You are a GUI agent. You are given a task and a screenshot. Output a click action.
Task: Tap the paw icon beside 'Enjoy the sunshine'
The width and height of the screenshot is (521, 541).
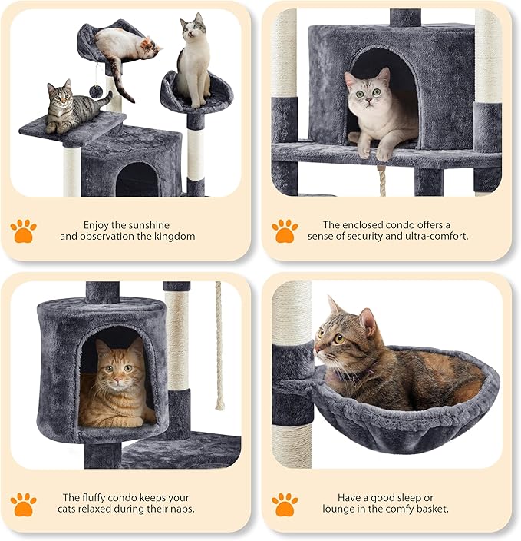23,230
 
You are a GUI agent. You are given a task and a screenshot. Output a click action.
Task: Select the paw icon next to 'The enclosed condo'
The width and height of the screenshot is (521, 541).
285,230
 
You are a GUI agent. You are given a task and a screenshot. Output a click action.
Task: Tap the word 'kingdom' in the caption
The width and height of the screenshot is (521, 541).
174,237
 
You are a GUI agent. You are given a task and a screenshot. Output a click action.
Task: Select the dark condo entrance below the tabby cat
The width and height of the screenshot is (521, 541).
137,179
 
